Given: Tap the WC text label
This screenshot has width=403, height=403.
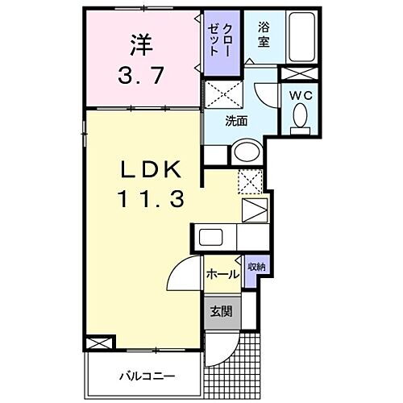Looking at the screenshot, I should [301, 95].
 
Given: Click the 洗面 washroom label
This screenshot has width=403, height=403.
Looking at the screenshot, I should [236, 122].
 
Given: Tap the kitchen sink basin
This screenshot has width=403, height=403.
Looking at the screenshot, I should [212, 238].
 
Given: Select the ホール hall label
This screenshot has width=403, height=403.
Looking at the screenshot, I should [222, 274].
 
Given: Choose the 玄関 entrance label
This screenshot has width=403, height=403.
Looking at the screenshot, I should [220, 310].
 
